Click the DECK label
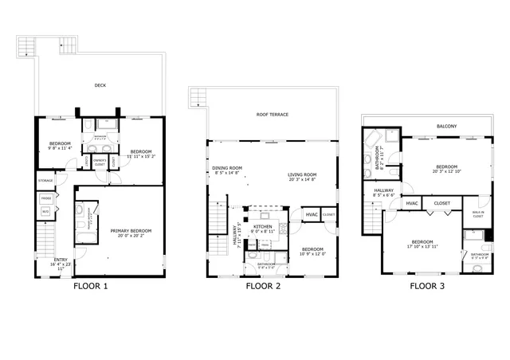tap(100, 85)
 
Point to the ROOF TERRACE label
tap(273, 115)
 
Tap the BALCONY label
tap(447, 127)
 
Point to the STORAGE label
tap(45, 181)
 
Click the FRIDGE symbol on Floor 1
tap(46, 198)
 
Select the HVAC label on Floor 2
tap(312, 214)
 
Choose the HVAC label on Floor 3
tap(412, 203)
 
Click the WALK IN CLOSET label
tap(478, 214)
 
